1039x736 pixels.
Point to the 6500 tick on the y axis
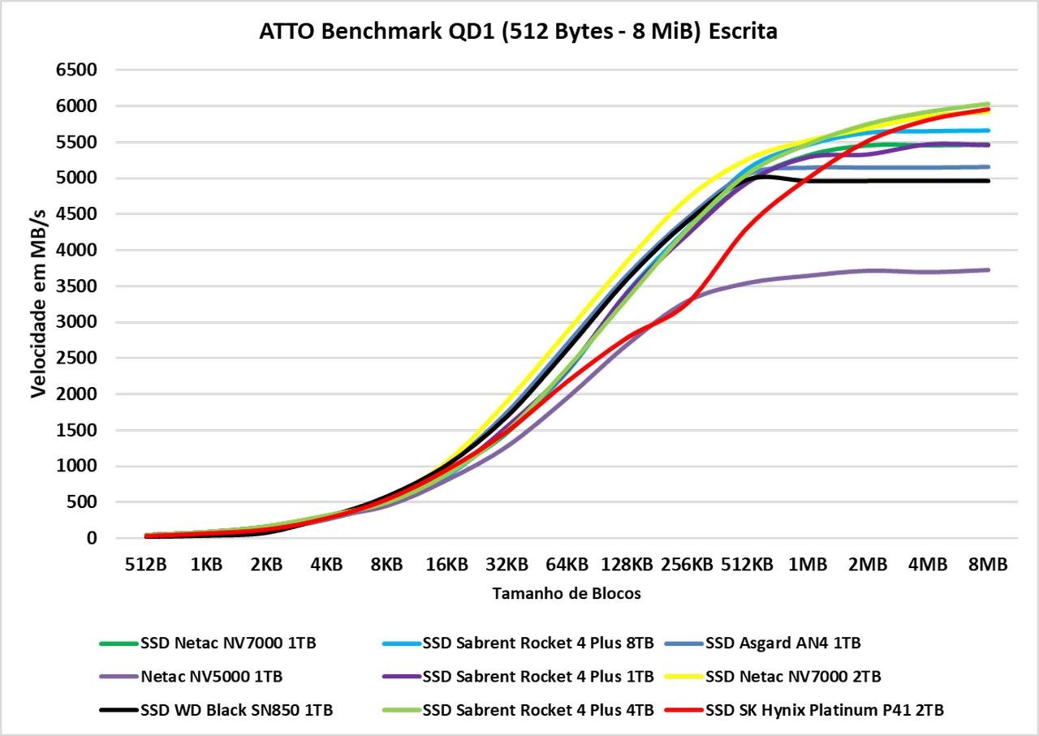click(76, 70)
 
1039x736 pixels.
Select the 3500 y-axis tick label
click(76, 286)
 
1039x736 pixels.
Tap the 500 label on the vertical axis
click(82, 501)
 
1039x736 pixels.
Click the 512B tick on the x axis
click(145, 565)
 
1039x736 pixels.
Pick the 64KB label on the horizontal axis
click(567, 565)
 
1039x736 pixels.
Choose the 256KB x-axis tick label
click(687, 565)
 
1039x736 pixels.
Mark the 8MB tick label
click(988, 565)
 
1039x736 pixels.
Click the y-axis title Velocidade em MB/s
click(38, 303)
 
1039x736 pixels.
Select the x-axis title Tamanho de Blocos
click(567, 594)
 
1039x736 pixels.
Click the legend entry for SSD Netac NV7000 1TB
click(208, 643)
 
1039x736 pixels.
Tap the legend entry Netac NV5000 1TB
click(191, 677)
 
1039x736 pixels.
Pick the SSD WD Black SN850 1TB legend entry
click(216, 710)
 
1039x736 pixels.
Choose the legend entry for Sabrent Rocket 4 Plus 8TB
click(518, 643)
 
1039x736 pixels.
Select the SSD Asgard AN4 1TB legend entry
click(762, 643)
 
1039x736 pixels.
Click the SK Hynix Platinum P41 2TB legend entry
click(804, 710)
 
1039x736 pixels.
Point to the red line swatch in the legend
click(683, 710)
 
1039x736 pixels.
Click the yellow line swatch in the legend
click(683, 677)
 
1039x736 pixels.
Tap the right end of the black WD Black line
click(989, 181)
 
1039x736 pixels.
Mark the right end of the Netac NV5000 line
click(989, 270)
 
